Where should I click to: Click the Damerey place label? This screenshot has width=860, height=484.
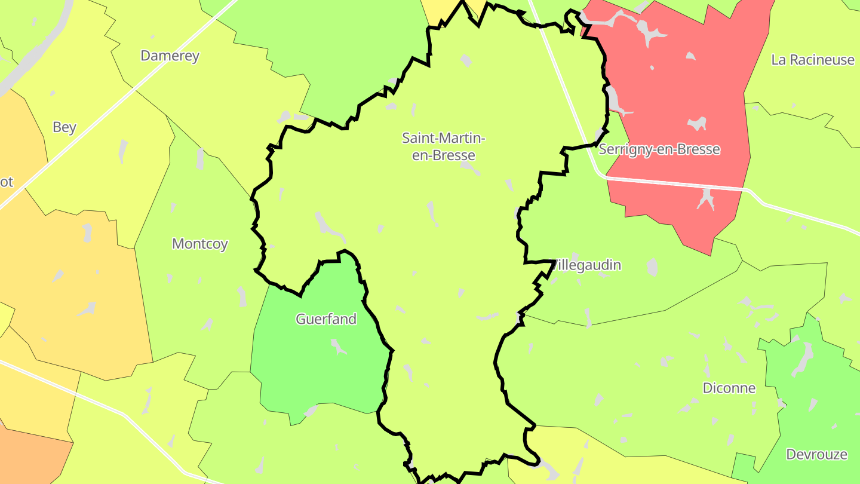[170, 56]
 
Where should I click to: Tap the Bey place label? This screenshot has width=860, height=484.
[64, 127]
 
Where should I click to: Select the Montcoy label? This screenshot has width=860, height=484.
[199, 244]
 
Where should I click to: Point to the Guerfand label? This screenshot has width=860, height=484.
[326, 319]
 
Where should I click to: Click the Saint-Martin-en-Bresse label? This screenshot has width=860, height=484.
[443, 146]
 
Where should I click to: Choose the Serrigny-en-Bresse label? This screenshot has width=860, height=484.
[659, 149]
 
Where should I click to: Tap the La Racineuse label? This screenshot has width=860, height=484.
[812, 60]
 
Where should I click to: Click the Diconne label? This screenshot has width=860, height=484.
[729, 388]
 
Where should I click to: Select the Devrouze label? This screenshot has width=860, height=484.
[816, 454]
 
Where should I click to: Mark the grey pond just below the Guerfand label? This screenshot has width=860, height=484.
[338, 346]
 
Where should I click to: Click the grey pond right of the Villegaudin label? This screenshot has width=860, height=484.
[652, 266]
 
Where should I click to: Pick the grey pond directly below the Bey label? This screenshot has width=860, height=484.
[123, 152]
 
